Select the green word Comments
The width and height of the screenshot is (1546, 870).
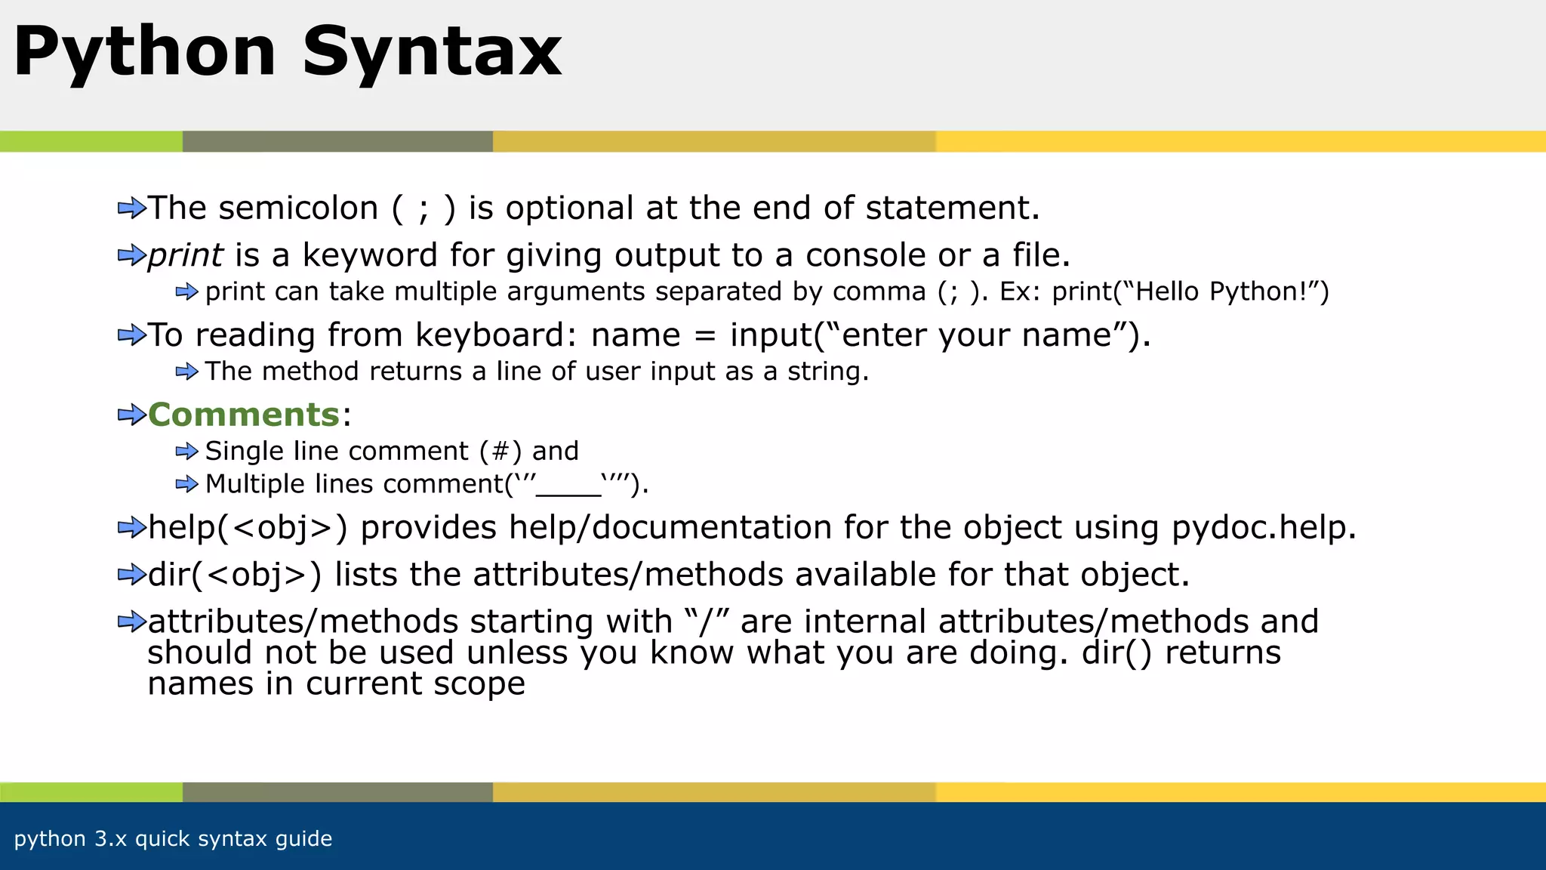[x=244, y=415]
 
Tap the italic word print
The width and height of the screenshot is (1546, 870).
[x=185, y=255]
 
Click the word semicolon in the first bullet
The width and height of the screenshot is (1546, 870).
[x=298, y=208]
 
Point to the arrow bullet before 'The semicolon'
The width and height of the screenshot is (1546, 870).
[x=131, y=208]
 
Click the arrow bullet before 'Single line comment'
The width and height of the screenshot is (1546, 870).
[x=186, y=452]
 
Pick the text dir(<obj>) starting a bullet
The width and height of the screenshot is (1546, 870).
[x=235, y=575]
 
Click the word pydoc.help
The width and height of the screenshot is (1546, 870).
[x=1263, y=528]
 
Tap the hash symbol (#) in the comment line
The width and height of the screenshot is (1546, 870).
[x=500, y=452]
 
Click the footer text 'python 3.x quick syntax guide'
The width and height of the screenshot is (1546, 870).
[x=173, y=839]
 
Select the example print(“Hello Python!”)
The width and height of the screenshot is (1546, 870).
[x=1190, y=292]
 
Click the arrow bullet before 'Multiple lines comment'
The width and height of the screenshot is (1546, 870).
[x=186, y=484]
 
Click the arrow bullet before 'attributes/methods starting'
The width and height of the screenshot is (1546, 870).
[x=131, y=622]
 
